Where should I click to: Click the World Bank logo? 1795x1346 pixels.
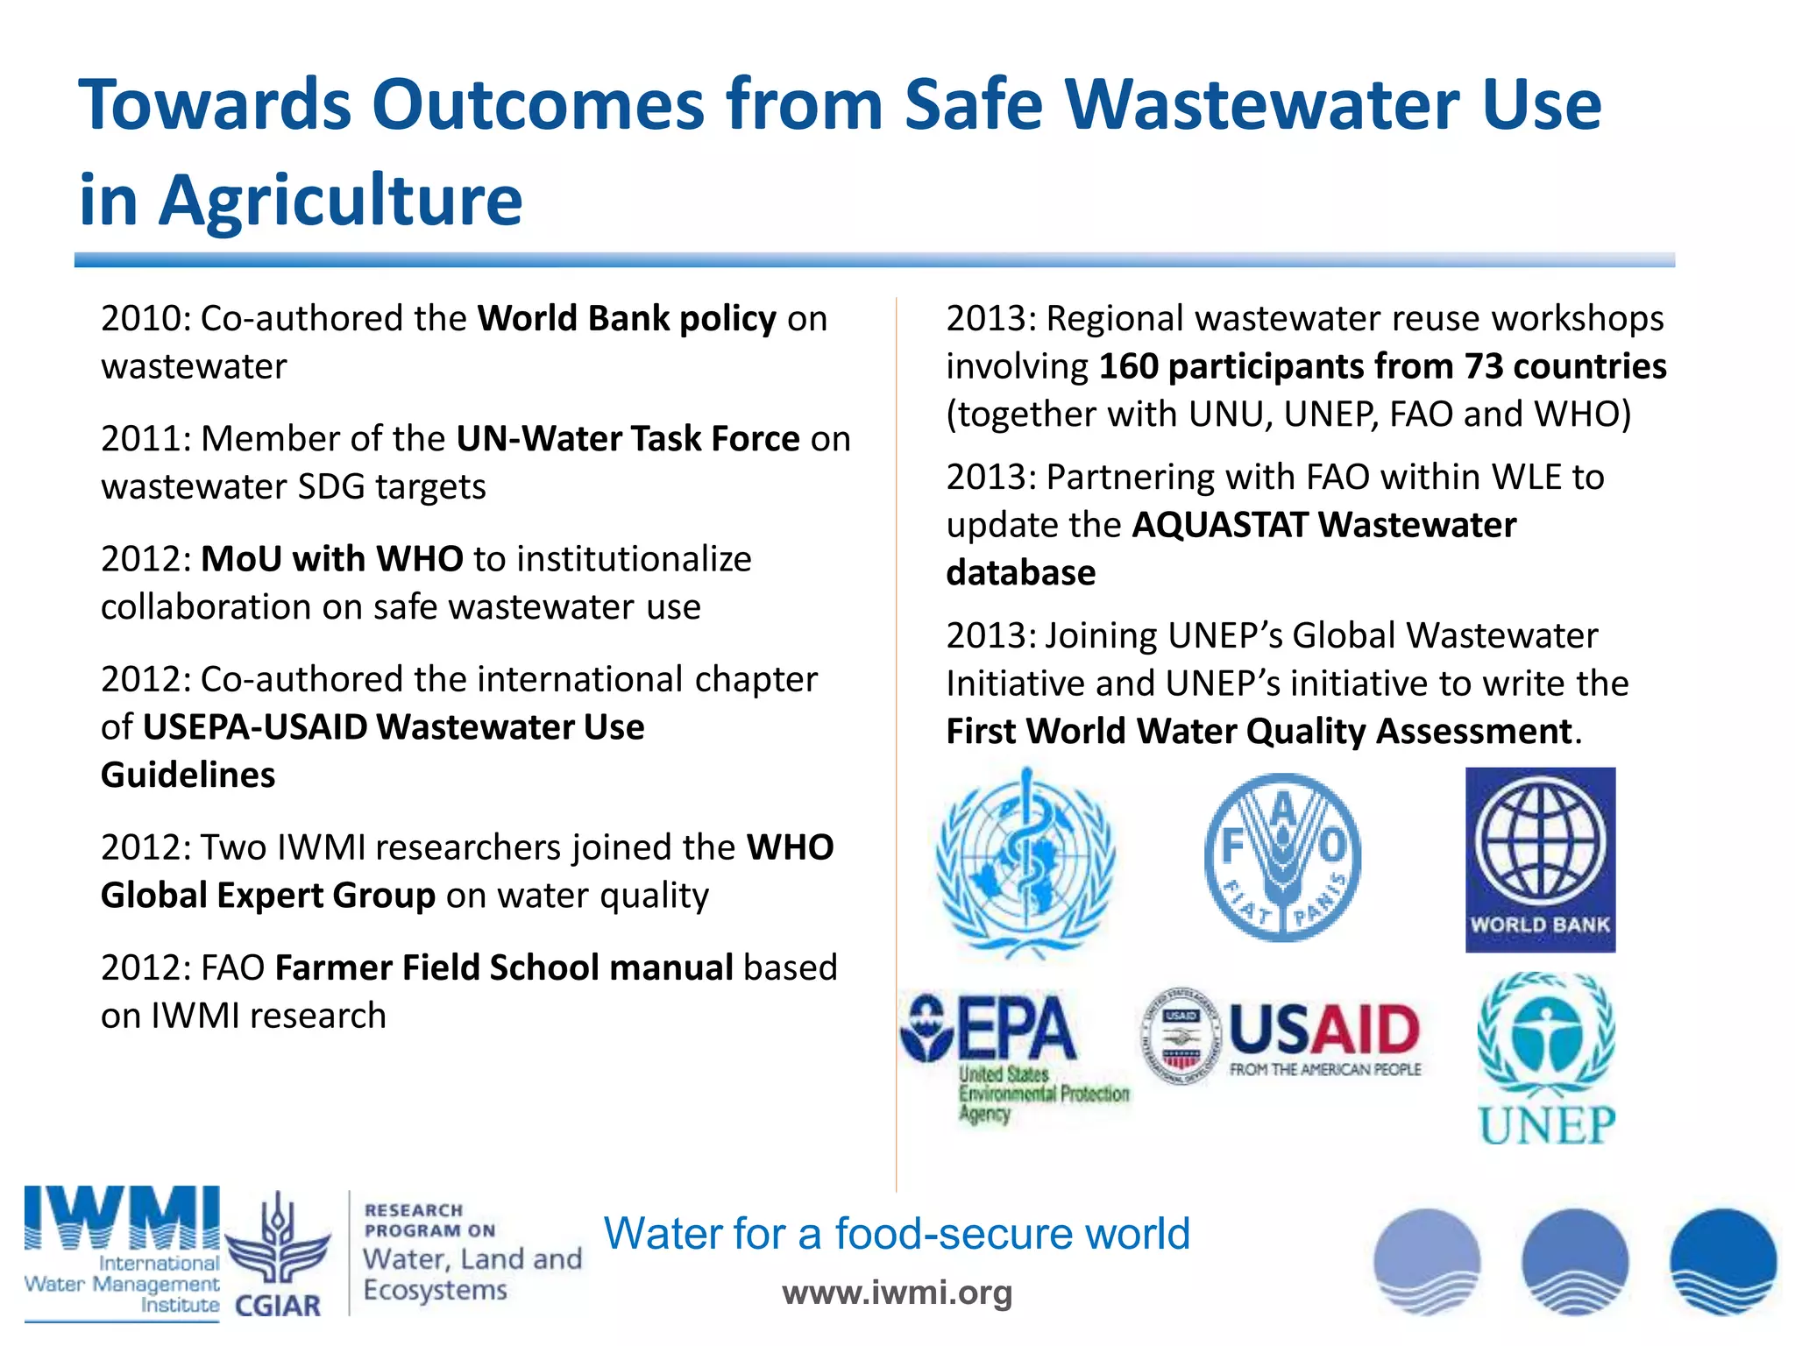tap(1540, 859)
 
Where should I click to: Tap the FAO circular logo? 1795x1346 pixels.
tap(1282, 857)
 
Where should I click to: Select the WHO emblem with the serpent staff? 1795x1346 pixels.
tap(1025, 861)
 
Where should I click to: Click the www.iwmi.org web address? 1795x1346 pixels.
tap(897, 1292)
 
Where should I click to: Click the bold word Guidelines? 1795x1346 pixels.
tap(188, 776)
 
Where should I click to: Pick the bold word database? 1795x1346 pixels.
tap(1020, 573)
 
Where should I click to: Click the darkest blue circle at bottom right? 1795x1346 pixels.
tap(1722, 1262)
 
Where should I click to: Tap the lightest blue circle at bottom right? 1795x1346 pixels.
tap(1426, 1262)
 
